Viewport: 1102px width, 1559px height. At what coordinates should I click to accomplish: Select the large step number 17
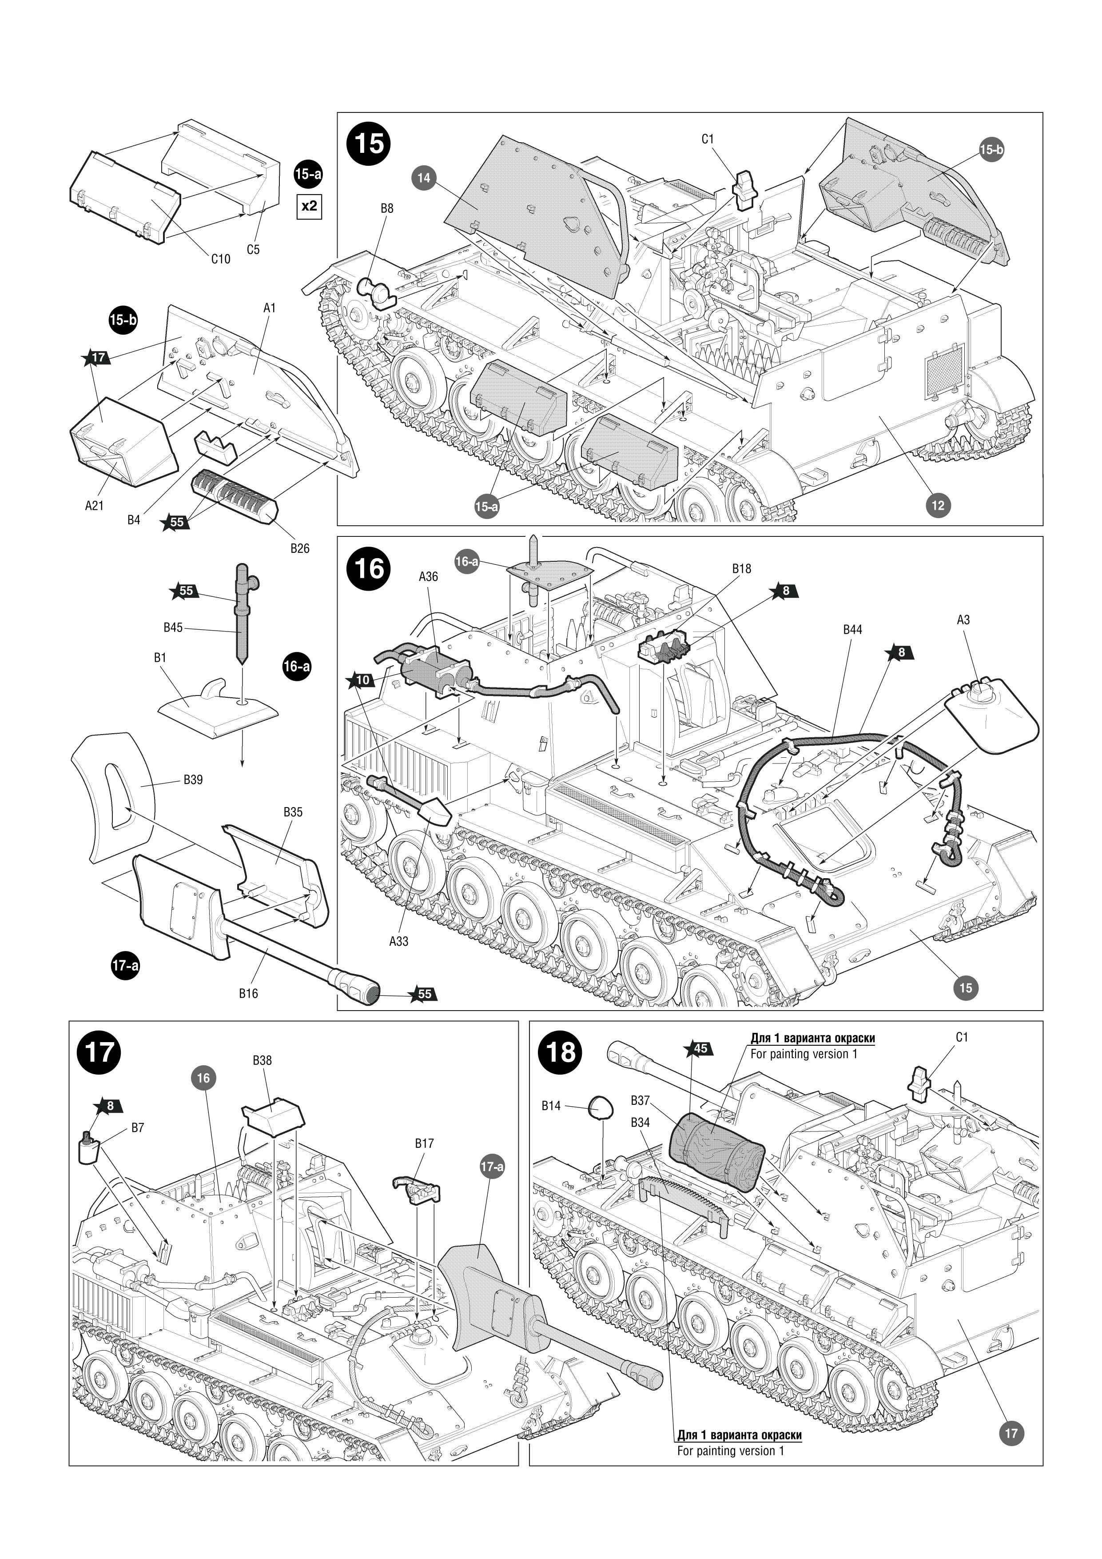click(x=99, y=1052)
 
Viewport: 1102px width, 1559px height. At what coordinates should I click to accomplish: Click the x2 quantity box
click(x=309, y=206)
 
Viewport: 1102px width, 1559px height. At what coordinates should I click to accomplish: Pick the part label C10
click(x=221, y=259)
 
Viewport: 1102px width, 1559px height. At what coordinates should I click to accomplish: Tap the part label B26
click(x=300, y=548)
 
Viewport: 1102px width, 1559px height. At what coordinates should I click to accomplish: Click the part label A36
click(x=428, y=576)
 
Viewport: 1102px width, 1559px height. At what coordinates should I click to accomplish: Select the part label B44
click(x=852, y=629)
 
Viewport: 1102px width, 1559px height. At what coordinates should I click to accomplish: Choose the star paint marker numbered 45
click(x=699, y=1048)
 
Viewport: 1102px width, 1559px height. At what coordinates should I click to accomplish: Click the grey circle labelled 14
click(x=424, y=178)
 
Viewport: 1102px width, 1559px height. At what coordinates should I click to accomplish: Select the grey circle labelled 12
click(x=938, y=505)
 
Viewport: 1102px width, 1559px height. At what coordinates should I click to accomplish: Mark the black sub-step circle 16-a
click(x=297, y=667)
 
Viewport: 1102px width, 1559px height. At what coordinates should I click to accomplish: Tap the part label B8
click(x=386, y=208)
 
